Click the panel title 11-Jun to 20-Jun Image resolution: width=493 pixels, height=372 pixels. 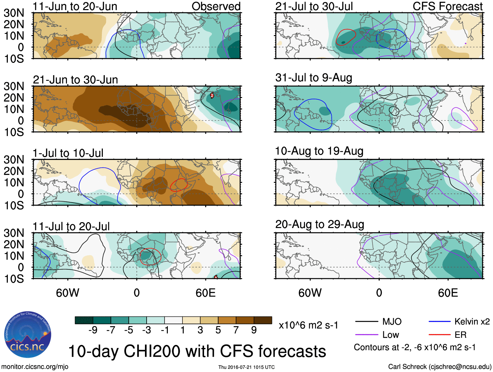tap(75, 7)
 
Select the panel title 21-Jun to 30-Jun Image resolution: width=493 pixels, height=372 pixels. tap(75, 80)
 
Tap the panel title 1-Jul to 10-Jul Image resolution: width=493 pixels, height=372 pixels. tap(68, 153)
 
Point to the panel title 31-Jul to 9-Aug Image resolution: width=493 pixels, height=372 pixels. tap(314, 78)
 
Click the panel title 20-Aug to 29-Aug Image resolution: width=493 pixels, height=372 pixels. tap(320, 224)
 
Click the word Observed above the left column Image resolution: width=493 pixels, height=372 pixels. tap(216, 7)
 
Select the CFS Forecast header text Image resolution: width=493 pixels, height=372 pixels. tap(447, 7)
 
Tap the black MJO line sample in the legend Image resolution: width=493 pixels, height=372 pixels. tap(367, 322)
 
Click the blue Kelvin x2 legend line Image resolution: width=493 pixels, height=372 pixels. tap(439, 322)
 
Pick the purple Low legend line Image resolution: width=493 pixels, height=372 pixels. tap(367, 335)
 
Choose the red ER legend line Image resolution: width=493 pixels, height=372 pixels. tap(439, 335)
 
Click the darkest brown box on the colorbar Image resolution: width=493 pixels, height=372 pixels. tap(263, 320)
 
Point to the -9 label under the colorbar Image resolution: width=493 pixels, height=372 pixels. tap(93, 330)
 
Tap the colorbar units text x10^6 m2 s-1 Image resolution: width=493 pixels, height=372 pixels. tap(308, 325)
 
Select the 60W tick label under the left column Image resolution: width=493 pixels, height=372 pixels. tap(68, 293)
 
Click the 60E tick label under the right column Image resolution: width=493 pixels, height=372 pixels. tap(448, 293)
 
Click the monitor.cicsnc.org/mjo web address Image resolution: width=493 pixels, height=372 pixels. tap(35, 367)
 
